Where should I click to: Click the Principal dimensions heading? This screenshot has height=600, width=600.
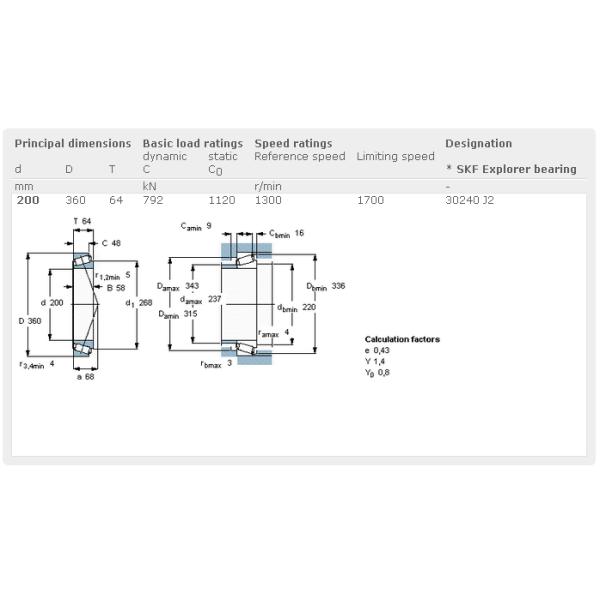(72, 143)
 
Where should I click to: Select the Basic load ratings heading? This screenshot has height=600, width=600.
(192, 143)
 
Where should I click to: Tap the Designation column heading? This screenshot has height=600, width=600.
(478, 143)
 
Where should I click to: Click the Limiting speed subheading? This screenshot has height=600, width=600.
(395, 156)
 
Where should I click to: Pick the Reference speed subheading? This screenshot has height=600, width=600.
(300, 156)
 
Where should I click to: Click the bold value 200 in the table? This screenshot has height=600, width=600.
(28, 200)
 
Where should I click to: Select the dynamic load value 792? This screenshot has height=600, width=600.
(153, 200)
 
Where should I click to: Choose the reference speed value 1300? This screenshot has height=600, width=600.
(268, 200)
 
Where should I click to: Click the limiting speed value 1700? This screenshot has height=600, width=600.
(370, 200)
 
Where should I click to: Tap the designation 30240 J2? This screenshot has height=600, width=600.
(469, 200)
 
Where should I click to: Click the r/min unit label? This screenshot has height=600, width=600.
(268, 186)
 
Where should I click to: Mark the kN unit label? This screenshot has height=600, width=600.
(150, 186)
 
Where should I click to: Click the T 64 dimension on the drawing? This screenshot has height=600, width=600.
(82, 220)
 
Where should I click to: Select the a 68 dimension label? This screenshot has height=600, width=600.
(87, 376)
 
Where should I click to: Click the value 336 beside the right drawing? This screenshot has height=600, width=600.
(338, 286)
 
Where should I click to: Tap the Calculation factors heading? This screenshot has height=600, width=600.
(402, 339)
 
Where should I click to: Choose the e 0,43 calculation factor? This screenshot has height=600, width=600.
(377, 350)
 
